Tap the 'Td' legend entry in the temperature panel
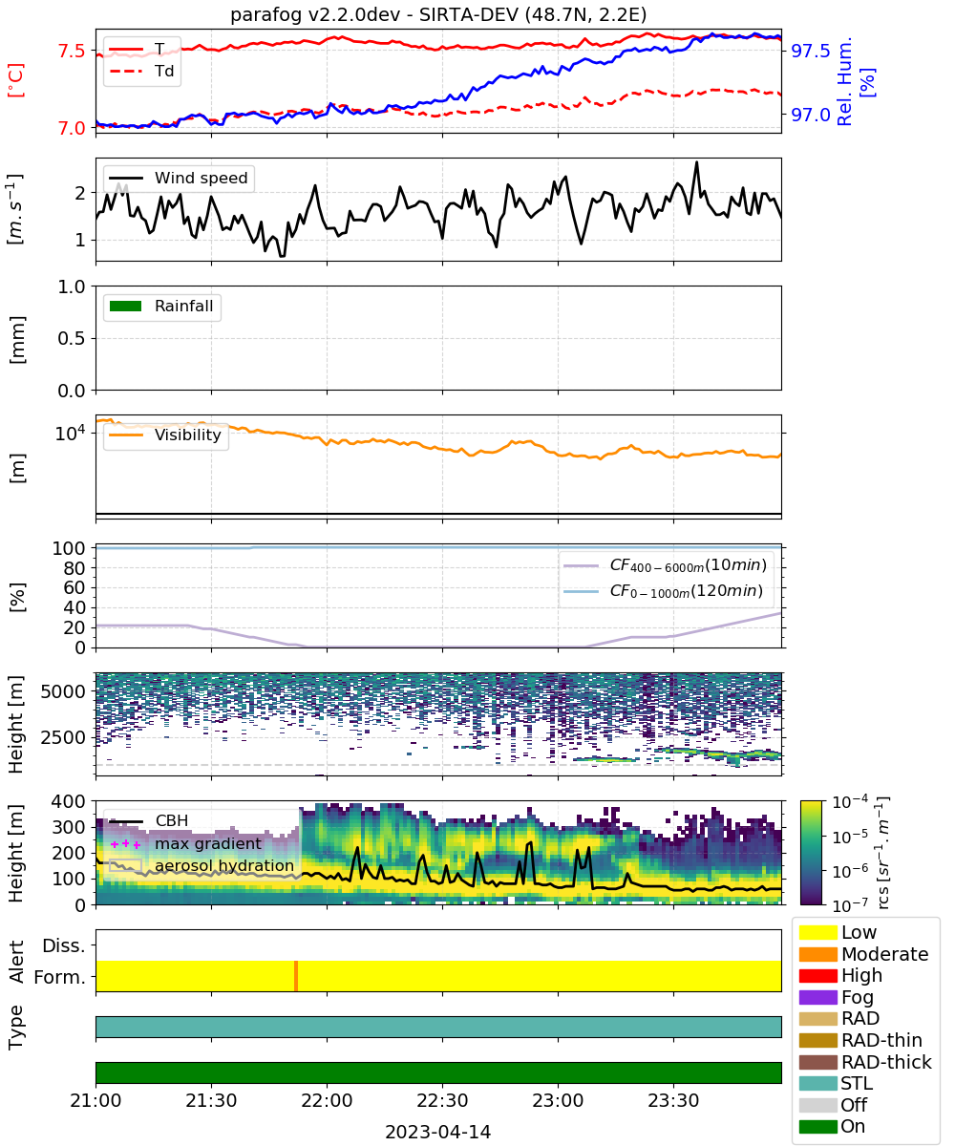coord(141,72)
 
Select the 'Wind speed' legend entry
coord(179,178)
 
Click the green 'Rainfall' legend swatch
coord(126,307)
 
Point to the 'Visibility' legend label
coord(188,435)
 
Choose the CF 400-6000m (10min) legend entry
coord(665,565)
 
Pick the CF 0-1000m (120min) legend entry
coord(663,591)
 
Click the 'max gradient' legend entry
coord(186,843)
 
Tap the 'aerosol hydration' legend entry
coord(202,865)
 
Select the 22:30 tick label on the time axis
coord(442,1100)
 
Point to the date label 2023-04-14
coord(438,1132)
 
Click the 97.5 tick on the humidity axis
coord(811,51)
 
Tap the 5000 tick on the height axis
coord(63,691)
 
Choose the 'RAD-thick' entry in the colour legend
coord(865,1062)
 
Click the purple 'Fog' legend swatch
coord(817,997)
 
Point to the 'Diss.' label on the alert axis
coord(64,945)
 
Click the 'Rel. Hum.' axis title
coord(844,81)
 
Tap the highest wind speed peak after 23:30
coord(697,162)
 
